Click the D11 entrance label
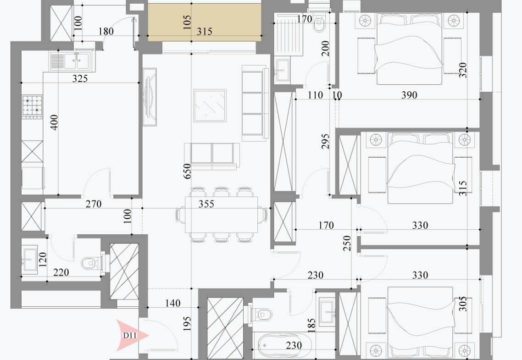(x=130, y=335)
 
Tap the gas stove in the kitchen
(x=32, y=107)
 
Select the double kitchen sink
(x=73, y=61)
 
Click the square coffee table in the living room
(x=210, y=105)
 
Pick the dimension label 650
(x=187, y=171)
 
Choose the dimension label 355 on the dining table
(x=206, y=204)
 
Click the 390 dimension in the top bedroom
(x=409, y=95)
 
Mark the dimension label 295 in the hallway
(x=325, y=141)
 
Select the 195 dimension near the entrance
(x=187, y=323)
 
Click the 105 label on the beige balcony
(x=187, y=22)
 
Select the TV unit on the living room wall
(x=150, y=97)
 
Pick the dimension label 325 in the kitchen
(x=80, y=78)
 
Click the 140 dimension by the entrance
(x=173, y=303)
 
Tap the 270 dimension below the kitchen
(x=94, y=204)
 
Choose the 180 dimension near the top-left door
(x=106, y=31)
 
